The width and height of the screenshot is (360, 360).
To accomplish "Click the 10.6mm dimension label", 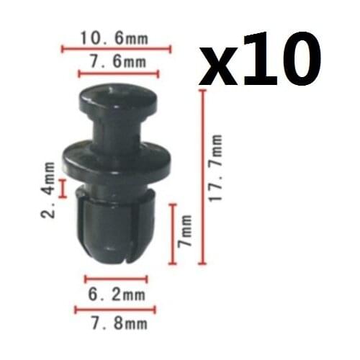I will (117, 37).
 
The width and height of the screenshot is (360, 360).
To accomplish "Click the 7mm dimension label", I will (186, 233).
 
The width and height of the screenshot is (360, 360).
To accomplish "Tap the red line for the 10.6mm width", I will (117, 49).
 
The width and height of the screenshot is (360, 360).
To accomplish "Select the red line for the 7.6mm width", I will (117, 73).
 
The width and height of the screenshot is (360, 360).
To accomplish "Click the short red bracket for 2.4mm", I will (63, 189).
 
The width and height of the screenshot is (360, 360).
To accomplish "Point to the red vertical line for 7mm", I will (173, 234).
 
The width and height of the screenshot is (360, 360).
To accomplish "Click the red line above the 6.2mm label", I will (116, 279).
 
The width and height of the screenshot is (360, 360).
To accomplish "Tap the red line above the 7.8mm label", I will (116, 310).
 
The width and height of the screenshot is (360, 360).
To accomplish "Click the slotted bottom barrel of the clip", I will (112, 227).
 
